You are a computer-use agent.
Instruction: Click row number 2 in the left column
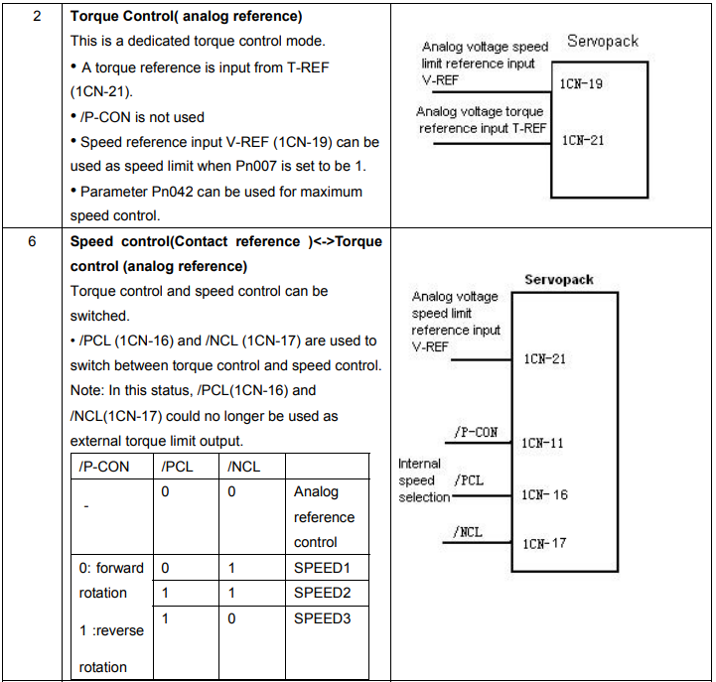tap(37, 17)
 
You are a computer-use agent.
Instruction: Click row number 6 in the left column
tap(32, 241)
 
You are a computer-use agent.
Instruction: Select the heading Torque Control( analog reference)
tap(186, 17)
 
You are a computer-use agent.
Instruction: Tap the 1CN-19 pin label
tap(581, 84)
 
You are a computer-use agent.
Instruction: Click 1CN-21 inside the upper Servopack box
tap(583, 140)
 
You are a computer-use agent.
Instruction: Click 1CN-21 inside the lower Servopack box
tap(544, 358)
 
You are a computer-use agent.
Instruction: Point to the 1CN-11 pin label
tap(542, 443)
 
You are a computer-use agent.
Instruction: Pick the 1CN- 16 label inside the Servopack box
tap(544, 494)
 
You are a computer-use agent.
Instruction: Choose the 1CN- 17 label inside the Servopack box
tap(544, 544)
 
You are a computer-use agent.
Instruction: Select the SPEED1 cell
tap(322, 568)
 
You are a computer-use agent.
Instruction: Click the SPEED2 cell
tap(322, 593)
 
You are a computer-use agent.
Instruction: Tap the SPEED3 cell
tap(322, 618)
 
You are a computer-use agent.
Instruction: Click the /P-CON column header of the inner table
tap(104, 467)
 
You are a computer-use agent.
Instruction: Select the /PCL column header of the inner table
tap(177, 467)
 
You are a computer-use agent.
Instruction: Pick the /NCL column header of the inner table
tap(244, 467)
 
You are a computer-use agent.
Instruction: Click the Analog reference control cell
tap(324, 517)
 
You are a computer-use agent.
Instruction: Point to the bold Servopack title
tap(559, 279)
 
